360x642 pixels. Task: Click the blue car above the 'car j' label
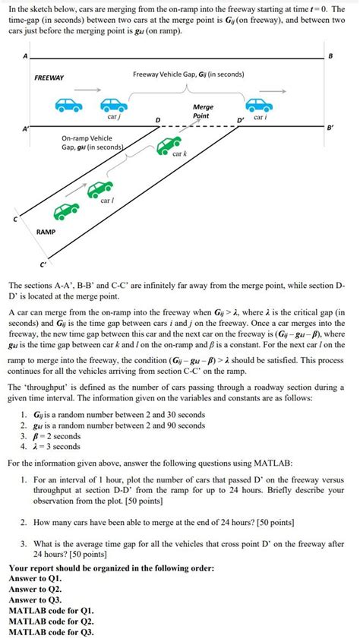[x=112, y=106]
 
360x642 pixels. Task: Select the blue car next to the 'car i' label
[x=259, y=106]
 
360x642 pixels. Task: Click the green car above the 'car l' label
[x=99, y=188]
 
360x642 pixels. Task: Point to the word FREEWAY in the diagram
[x=49, y=77]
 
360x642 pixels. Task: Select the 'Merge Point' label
[x=203, y=112]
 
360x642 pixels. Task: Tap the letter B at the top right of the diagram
[x=330, y=57]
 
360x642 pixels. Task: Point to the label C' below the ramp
[x=43, y=264]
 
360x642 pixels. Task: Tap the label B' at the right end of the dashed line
[x=330, y=129]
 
